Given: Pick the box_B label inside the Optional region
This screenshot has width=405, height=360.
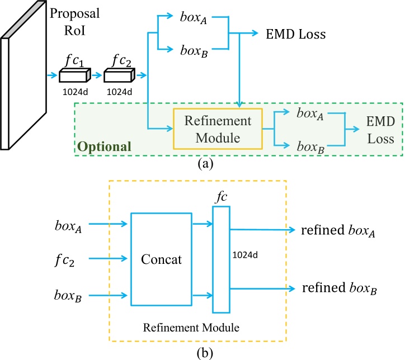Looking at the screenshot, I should click(x=312, y=146).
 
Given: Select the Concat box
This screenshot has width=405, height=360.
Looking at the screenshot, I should click(x=161, y=259).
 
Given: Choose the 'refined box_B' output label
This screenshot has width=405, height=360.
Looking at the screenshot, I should click(x=338, y=289).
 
